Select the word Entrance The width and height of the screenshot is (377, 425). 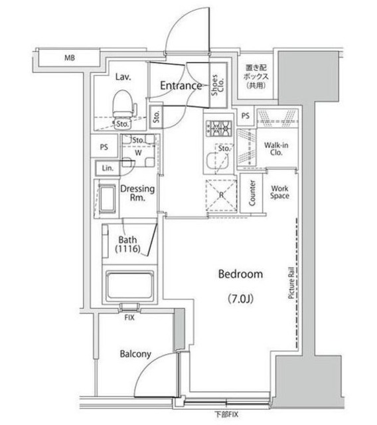point(181,86)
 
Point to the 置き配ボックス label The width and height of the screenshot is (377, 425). point(255,76)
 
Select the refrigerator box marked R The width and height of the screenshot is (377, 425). point(220,195)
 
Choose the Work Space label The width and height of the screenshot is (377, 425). point(279,191)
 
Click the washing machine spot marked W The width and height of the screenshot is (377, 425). point(139,152)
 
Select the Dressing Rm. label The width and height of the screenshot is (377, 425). point(137,193)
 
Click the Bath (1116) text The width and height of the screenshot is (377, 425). point(127,244)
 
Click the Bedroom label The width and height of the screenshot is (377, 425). point(240,274)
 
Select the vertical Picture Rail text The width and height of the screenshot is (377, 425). point(291,284)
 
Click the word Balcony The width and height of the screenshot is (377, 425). point(137,354)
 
